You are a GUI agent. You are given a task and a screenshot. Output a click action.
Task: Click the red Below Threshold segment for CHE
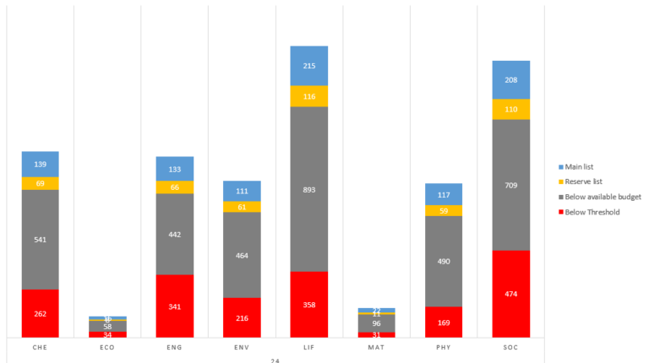[41, 313]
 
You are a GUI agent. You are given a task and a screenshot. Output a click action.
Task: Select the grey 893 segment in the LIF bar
[309, 189]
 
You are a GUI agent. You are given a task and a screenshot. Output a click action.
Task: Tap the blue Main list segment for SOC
[510, 80]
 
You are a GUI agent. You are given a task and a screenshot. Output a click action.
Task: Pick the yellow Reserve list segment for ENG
[175, 187]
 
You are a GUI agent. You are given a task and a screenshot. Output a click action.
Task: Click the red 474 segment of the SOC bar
[510, 294]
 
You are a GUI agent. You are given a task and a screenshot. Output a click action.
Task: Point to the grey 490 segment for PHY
[444, 261]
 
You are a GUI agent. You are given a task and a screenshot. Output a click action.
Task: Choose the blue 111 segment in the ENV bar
[242, 191]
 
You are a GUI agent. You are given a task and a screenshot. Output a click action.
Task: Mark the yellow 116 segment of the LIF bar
[309, 96]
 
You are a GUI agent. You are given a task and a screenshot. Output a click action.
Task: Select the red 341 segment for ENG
[175, 306]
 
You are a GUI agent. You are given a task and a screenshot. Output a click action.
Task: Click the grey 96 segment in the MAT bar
[376, 323]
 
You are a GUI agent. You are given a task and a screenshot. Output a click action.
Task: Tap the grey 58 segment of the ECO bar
[108, 326]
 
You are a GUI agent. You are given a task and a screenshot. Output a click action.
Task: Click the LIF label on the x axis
[309, 347]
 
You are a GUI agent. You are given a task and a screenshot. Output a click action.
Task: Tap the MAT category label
[376, 347]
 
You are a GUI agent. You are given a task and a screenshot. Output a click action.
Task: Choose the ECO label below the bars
[108, 347]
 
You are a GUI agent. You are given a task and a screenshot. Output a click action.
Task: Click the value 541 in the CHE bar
[41, 240]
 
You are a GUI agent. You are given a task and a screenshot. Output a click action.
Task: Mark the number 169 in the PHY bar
[444, 322]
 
